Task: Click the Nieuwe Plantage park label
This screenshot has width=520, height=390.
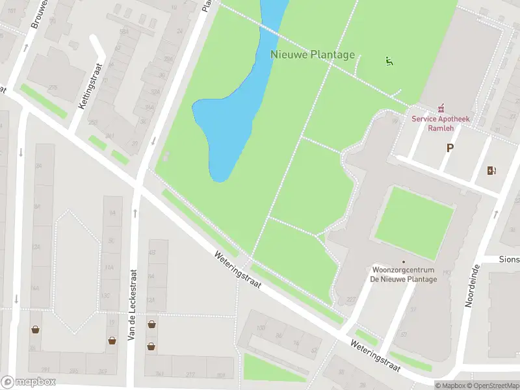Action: [313, 55]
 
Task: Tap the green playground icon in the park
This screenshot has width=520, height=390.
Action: [389, 62]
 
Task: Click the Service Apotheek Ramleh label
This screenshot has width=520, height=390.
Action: [440, 123]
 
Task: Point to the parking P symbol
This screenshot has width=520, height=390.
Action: [448, 148]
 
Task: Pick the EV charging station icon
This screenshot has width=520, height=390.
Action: [491, 170]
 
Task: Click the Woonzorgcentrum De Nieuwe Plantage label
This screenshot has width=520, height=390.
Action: [403, 274]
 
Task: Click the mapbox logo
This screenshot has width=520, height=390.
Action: [28, 382]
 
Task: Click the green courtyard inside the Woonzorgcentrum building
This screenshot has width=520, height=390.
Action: [413, 214]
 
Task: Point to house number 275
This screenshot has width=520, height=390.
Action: [53, 88]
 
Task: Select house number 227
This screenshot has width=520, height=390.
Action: [352, 300]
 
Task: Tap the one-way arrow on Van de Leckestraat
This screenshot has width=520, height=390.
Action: [135, 213]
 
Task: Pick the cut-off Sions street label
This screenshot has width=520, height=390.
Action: [508, 258]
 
